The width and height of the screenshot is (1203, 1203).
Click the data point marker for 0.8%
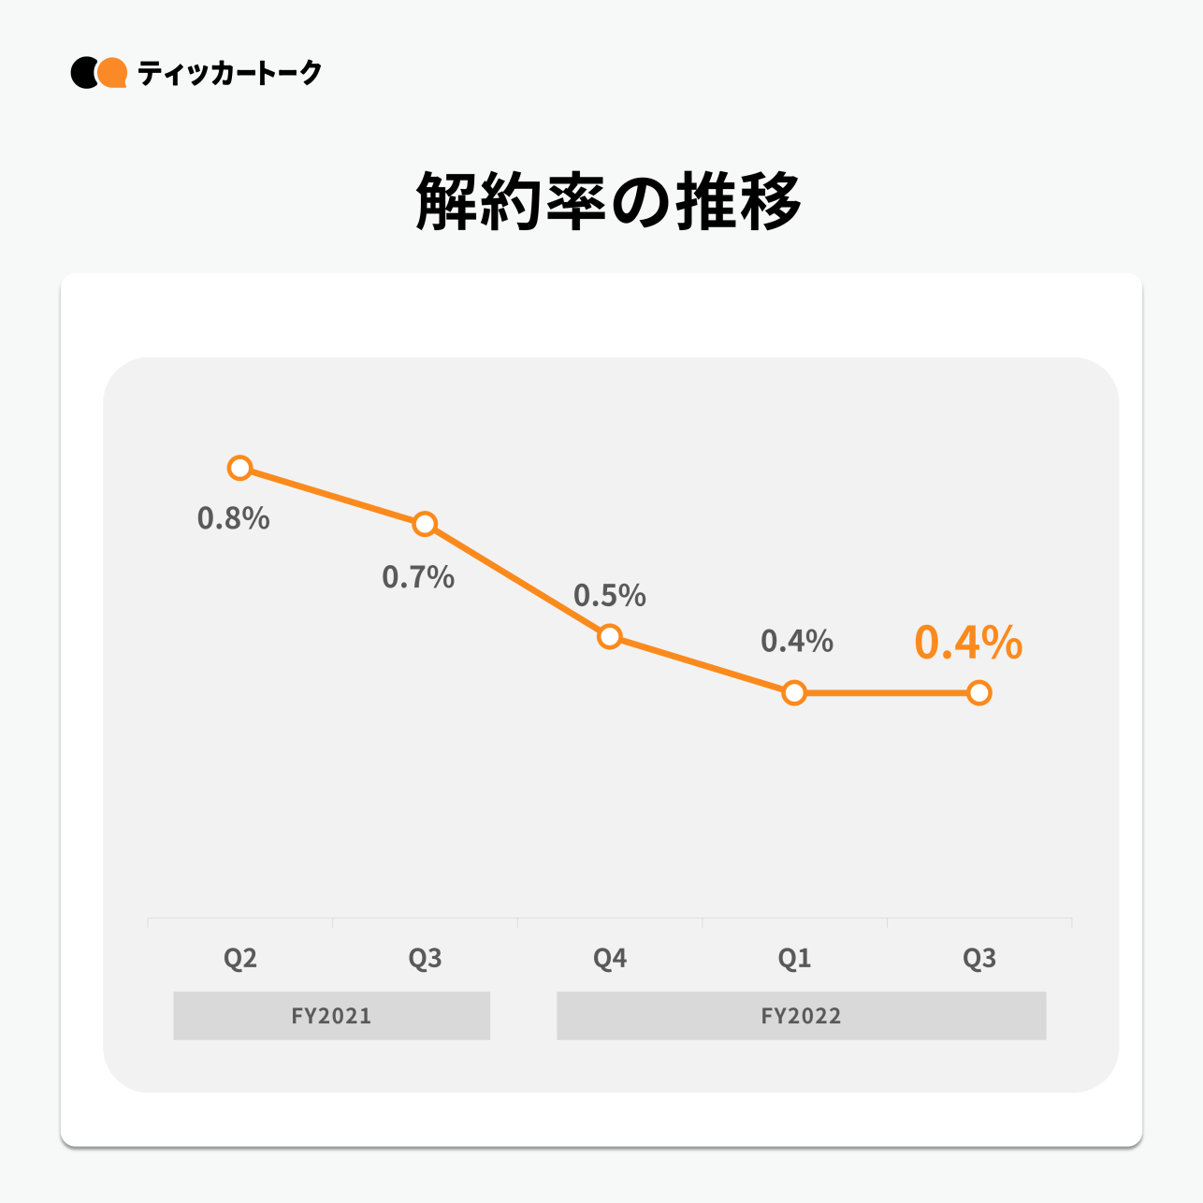coord(240,468)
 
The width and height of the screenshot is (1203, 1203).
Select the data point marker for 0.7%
coord(425,524)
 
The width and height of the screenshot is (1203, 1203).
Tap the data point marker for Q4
coord(609,637)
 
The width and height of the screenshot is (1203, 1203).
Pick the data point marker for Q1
coord(794,693)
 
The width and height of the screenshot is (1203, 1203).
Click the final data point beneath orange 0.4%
coord(978,693)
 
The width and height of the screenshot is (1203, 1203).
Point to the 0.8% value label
coord(233,518)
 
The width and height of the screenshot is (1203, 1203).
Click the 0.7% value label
coord(418,577)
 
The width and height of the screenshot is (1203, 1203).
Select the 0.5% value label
coord(610,596)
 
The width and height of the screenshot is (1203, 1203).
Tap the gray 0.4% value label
coord(797,642)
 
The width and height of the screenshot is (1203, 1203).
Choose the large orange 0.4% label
coord(968,644)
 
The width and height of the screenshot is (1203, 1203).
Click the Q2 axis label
coord(240,959)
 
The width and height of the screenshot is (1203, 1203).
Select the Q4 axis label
coord(610,959)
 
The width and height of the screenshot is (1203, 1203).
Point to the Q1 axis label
coord(794,959)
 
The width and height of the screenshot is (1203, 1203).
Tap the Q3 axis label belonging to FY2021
coord(425,959)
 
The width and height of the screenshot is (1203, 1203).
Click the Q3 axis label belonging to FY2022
coord(979,959)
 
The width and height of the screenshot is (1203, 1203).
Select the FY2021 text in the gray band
coord(331,1016)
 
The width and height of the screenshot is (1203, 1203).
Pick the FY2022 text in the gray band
coord(801,1016)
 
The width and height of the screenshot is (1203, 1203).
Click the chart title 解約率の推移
coord(608,201)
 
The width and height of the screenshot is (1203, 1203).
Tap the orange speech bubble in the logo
coord(113,73)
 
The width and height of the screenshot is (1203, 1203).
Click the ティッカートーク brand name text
coord(229,73)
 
